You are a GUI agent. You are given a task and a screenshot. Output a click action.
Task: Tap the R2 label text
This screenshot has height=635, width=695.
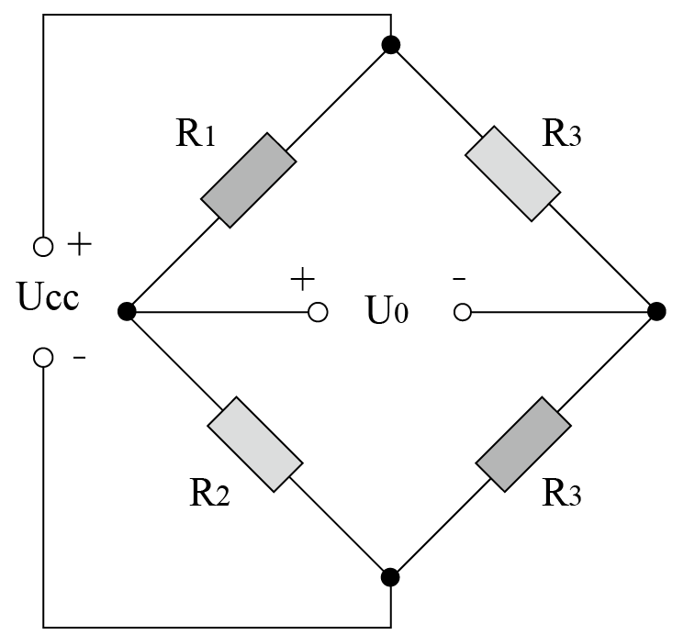click(x=209, y=493)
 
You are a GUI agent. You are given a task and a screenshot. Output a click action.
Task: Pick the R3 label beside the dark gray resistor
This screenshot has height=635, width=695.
click(x=561, y=493)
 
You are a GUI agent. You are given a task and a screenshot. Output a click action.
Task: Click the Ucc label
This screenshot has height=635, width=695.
click(x=49, y=296)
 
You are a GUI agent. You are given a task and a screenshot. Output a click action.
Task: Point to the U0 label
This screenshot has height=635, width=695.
click(x=387, y=310)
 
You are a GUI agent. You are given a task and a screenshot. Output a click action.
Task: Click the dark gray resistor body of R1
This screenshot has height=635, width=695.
click(x=249, y=180)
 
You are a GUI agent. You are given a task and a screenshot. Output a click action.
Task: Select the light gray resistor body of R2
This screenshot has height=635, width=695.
click(x=255, y=444)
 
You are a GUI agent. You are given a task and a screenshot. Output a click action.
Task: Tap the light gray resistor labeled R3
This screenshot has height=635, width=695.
click(x=513, y=173)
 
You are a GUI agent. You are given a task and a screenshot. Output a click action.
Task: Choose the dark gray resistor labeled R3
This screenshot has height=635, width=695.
click(x=523, y=444)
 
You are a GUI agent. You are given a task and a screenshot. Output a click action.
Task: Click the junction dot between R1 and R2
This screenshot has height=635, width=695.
click(x=127, y=311)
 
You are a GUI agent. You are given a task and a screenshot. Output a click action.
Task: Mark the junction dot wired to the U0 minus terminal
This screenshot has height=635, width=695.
click(x=656, y=311)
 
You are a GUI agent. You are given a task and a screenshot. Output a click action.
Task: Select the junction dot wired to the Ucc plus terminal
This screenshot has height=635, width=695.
click(x=390, y=45)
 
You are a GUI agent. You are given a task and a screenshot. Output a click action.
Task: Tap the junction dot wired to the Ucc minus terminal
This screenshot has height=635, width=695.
click(x=390, y=577)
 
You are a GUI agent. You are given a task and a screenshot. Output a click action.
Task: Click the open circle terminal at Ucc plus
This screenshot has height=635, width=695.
click(x=43, y=246)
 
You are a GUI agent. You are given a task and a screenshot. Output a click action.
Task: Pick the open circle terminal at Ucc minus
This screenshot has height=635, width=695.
click(x=43, y=357)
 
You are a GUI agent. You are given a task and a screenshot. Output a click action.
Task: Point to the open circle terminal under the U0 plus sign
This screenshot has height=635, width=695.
click(x=318, y=312)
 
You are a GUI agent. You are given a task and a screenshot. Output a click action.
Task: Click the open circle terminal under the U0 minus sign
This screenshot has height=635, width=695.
click(x=463, y=312)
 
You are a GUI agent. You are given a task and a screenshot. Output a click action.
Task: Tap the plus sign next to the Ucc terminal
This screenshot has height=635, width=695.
click(x=79, y=244)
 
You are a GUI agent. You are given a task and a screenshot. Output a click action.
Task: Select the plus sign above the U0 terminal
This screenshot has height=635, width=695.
click(x=303, y=279)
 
